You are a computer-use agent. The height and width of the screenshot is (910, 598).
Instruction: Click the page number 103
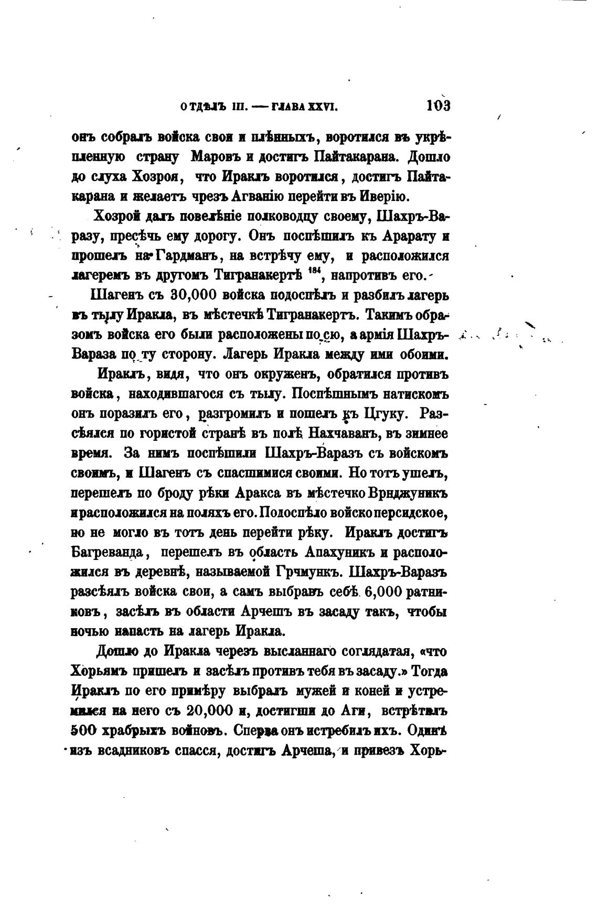[439, 105]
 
